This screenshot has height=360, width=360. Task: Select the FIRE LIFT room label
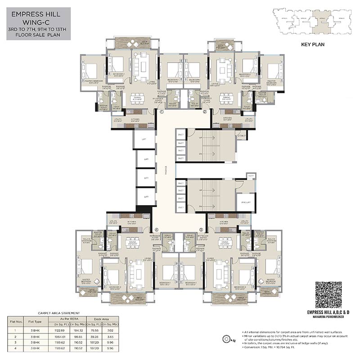pos(246,202)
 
